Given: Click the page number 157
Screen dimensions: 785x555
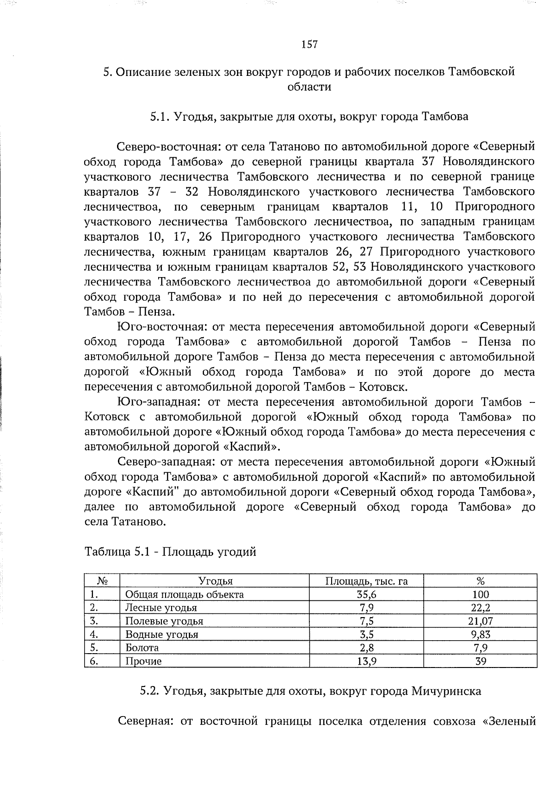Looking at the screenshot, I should click(309, 44).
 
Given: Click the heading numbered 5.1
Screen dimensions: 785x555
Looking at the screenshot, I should click(309, 117).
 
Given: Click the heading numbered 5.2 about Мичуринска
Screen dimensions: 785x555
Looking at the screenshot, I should click(310, 691).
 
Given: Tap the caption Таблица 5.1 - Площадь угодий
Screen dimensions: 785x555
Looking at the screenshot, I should click(170, 551).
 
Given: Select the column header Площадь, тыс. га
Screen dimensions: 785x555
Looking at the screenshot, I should click(366, 581).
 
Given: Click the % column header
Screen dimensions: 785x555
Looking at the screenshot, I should click(481, 581).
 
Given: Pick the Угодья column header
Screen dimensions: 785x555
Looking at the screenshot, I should click(215, 581).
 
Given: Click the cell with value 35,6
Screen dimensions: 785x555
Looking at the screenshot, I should click(366, 594).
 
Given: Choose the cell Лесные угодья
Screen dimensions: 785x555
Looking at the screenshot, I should click(161, 608).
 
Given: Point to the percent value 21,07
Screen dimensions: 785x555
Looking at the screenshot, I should click(481, 621).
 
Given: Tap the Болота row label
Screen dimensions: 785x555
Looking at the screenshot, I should click(142, 648).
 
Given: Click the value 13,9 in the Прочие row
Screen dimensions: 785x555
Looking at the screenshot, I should click(366, 661).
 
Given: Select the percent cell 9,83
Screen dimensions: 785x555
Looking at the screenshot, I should click(481, 634).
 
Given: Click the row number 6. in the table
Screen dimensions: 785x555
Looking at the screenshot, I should click(94, 661).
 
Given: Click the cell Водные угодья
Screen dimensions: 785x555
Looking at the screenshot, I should click(162, 634).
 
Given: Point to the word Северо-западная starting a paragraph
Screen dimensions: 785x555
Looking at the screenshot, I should click(165, 462).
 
